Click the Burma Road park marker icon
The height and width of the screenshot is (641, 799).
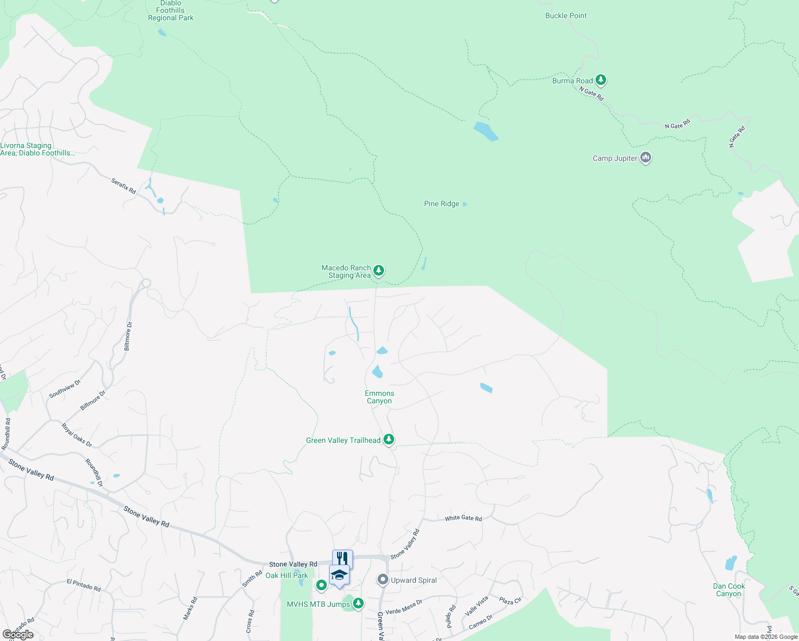[601, 80]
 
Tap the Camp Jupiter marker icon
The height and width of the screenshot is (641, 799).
[646, 158]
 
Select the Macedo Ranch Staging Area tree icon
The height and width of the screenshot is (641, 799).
[379, 271]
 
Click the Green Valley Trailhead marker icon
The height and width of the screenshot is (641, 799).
[389, 440]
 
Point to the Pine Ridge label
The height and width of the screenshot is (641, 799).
[442, 204]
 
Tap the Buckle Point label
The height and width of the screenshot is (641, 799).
[566, 15]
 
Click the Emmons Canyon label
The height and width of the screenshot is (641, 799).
[379, 397]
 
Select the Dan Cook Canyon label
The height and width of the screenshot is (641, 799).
[728, 590]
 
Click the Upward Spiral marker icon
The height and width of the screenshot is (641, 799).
[382, 580]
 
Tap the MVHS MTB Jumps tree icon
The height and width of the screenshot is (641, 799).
[358, 604]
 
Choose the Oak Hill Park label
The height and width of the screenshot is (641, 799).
[286, 575]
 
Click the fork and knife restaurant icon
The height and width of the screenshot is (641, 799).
[342, 558]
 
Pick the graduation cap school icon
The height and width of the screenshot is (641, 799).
[339, 575]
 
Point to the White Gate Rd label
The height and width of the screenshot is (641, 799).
[463, 518]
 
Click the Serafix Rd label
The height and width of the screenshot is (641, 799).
[123, 186]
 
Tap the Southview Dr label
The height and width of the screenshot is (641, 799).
[65, 388]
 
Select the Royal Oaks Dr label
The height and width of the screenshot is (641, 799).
[76, 435]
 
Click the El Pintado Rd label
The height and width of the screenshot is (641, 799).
[83, 585]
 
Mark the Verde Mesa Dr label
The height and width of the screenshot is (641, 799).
[404, 607]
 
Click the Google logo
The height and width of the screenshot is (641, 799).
[18, 635]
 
